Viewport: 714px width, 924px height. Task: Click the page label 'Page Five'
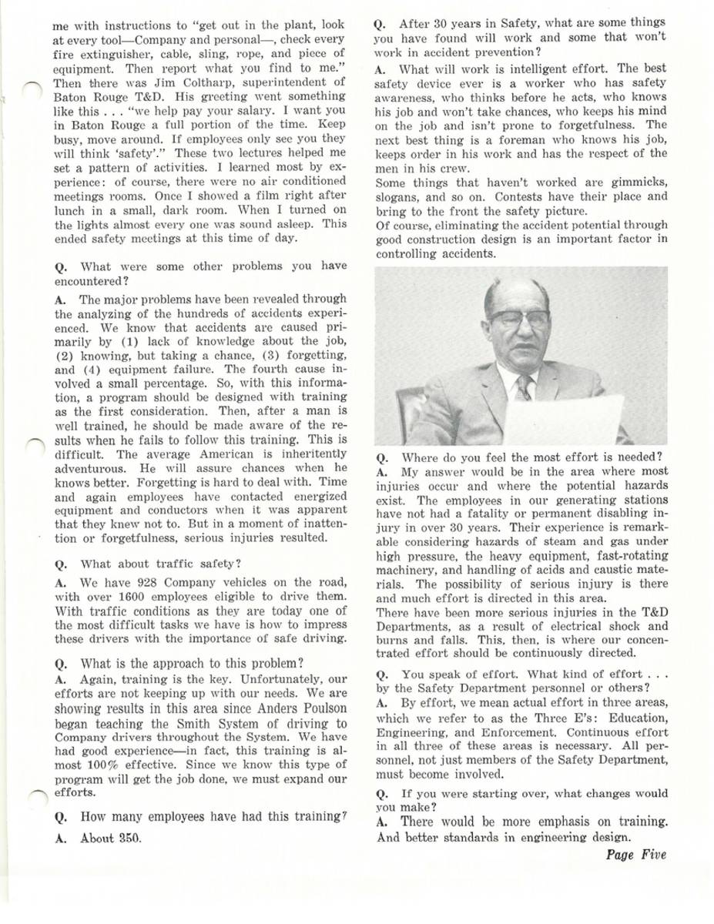tap(635, 855)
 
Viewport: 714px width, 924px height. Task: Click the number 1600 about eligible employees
tap(106, 594)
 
